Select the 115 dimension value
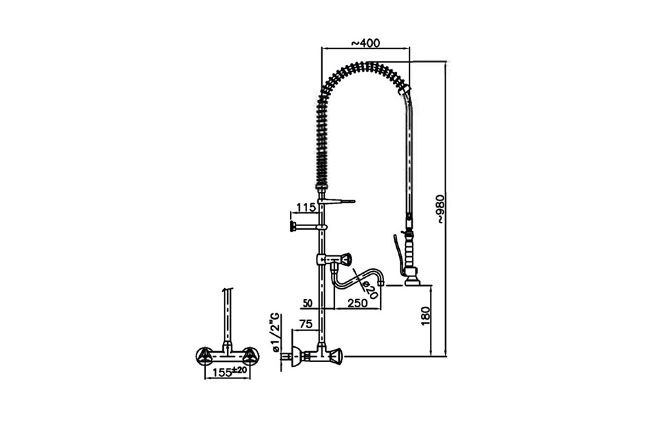click(x=306, y=207)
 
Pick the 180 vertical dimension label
click(x=425, y=315)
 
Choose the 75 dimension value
click(x=306, y=324)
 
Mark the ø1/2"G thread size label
click(x=276, y=331)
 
